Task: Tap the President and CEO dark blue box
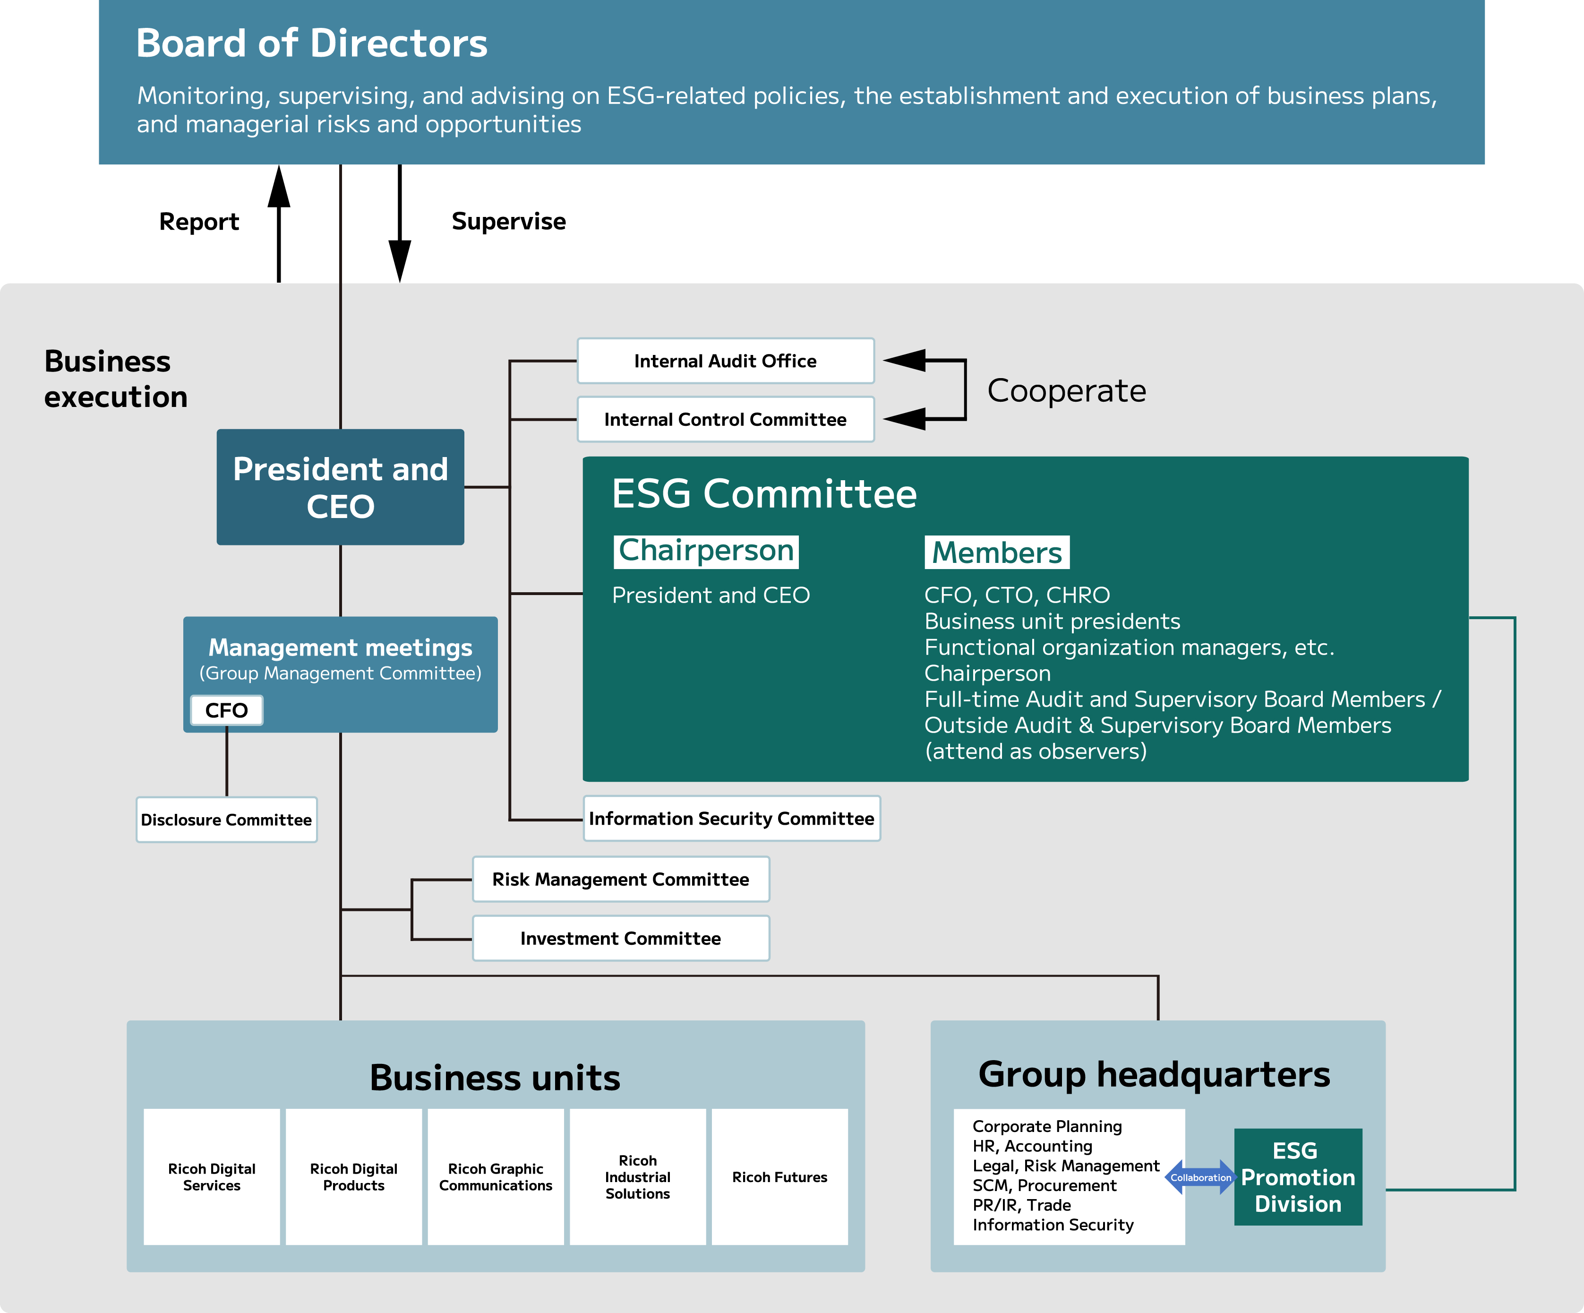340,487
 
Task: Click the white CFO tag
226,710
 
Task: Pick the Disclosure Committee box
226,820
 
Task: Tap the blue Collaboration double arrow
1200,1177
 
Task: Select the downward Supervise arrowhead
400,260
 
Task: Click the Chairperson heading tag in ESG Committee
706,551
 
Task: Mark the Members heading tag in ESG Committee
996,553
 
